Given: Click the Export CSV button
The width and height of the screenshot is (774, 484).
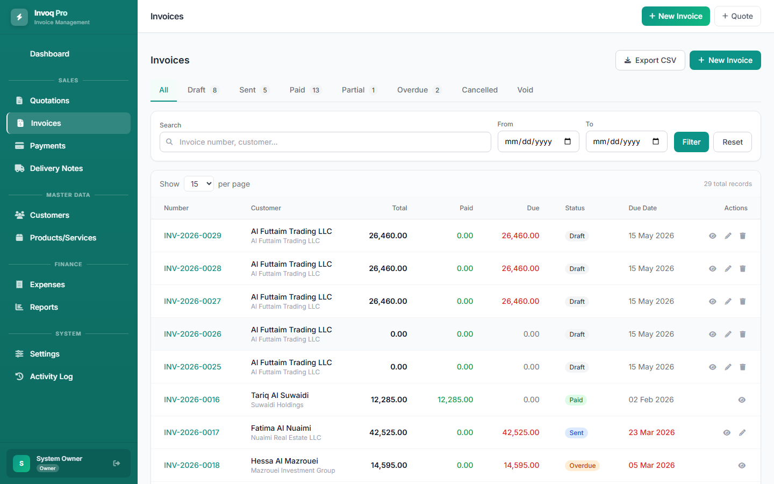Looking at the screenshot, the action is pos(650,60).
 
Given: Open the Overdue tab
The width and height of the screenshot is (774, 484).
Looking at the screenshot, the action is pos(419,90).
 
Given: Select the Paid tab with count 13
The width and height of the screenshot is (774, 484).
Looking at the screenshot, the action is pos(305,90).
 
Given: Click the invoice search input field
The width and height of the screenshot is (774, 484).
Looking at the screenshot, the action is pos(325,142).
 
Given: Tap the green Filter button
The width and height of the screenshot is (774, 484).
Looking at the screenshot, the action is pos(691,142).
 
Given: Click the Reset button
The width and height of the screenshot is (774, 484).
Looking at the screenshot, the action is pos(732,142).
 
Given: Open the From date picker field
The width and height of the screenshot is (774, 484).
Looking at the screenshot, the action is pos(538,141).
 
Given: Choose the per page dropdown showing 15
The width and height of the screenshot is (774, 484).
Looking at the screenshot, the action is pos(199,183).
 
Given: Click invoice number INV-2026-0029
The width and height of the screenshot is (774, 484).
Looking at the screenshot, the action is pos(192,236).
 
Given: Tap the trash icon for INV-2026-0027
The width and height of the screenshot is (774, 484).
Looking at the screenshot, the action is pos(743,301).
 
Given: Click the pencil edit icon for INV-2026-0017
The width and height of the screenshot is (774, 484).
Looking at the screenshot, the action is pos(742,432).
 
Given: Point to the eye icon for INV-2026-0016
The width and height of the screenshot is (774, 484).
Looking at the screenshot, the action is pos(742,400).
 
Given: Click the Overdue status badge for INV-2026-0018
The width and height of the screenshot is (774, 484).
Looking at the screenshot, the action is pos(582,465).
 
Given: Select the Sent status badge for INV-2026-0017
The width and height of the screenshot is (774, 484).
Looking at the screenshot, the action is pos(576,432).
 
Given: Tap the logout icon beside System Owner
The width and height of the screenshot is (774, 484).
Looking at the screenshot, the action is pos(117,463).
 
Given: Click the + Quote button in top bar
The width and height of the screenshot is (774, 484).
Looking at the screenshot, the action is pos(737,16).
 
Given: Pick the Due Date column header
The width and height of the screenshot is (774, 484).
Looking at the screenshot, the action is pos(642,208).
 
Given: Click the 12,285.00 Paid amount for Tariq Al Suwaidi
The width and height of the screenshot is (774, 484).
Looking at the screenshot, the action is pos(455,400).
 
